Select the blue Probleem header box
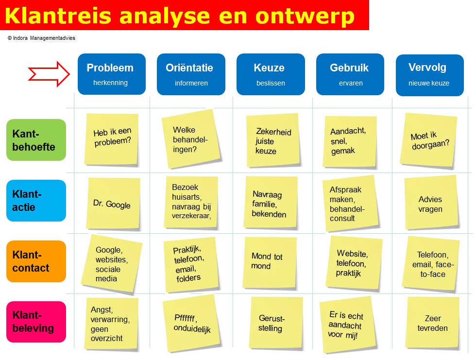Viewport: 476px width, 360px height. (111, 74)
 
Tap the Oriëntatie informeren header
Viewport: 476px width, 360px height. (191, 74)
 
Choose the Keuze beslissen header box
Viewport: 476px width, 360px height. (271, 74)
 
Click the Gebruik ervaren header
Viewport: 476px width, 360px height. (350, 74)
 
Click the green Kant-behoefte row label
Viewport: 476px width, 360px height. (36, 140)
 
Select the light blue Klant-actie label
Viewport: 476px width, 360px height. (36, 201)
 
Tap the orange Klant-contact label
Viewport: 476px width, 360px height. (36, 261)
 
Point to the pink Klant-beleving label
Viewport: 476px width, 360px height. (36, 322)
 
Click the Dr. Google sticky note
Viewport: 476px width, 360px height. (112, 204)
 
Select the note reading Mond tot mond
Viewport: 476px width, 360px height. (269, 262)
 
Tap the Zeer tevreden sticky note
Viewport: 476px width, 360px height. (432, 323)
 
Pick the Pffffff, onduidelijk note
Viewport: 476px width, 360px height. (191, 323)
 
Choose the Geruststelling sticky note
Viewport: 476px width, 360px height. (272, 323)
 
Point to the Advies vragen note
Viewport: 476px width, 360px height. (430, 203)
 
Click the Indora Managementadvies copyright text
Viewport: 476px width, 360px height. (41, 38)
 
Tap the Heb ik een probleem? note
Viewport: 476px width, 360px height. (112, 138)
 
